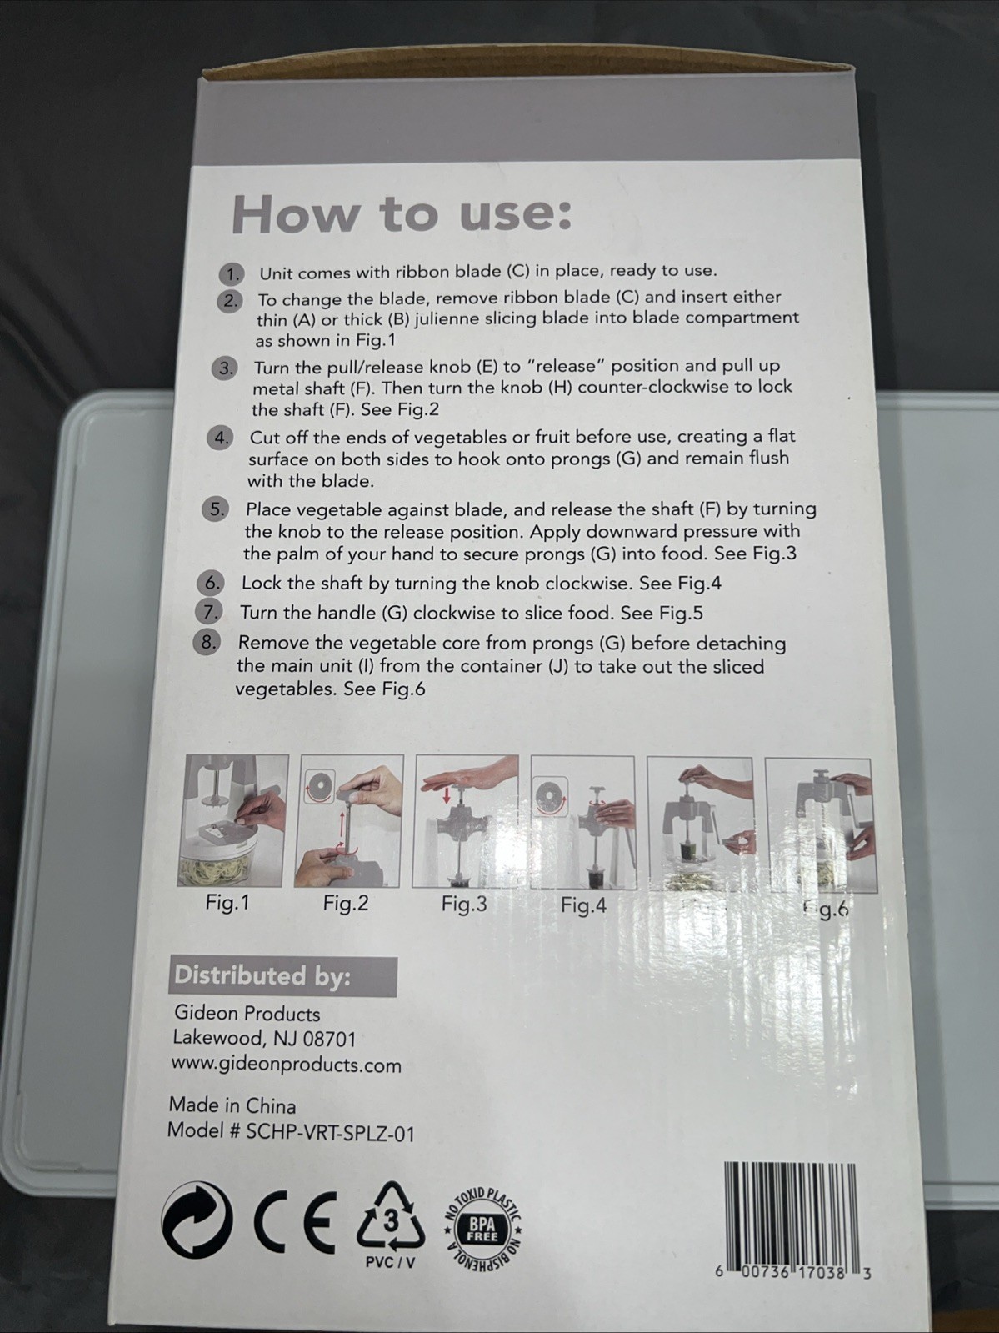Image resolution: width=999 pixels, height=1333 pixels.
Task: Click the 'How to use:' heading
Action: coord(401,214)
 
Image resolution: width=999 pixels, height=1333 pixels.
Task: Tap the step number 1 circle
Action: coord(231,274)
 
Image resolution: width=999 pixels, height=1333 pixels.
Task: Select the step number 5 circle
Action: coord(216,509)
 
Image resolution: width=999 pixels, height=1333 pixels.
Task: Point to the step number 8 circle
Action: coord(208,643)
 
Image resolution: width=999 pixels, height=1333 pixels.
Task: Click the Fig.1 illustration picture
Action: coord(234,820)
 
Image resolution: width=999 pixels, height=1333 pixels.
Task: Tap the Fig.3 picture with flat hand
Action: coord(466,822)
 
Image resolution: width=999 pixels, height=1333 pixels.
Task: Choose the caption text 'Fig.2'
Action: coord(345,903)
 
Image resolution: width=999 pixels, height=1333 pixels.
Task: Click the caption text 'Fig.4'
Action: coord(583,905)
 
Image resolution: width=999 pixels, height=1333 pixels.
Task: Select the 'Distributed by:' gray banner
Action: coord(282,976)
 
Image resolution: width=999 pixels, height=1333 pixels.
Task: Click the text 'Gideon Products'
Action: coord(247,1014)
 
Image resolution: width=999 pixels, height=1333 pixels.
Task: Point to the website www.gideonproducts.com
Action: coord(287,1065)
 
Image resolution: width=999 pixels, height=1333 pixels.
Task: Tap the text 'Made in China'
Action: coord(232,1105)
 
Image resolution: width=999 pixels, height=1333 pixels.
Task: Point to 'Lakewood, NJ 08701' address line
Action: coord(264,1039)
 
